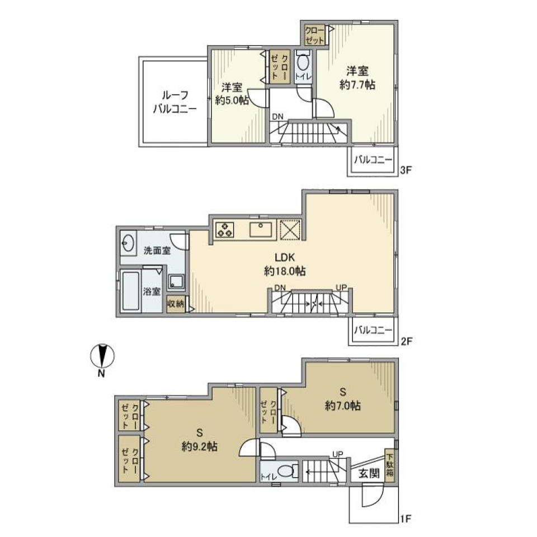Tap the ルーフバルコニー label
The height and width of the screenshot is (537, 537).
175,102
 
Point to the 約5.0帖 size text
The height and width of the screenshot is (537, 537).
231,101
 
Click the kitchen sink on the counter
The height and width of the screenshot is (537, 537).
261,229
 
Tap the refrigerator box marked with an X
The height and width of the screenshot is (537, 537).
291,229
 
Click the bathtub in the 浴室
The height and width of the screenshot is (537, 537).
132,292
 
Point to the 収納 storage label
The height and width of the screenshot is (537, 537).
175,304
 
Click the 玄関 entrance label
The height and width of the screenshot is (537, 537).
369,473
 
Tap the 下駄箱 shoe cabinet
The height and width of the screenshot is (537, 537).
389,464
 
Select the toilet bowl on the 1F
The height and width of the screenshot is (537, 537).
286,472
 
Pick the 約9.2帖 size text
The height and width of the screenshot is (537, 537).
199,447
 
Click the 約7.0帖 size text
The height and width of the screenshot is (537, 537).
341,407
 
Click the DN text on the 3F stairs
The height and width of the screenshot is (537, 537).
277,116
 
